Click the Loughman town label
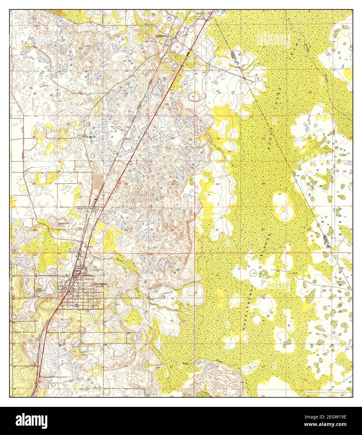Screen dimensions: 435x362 [x=162, y=36]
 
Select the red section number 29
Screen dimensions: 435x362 [x=263, y=184]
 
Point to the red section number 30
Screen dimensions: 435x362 [x=217, y=184]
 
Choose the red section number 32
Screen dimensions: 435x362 [x=262, y=229]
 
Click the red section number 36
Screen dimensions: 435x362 [x=172, y=230]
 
